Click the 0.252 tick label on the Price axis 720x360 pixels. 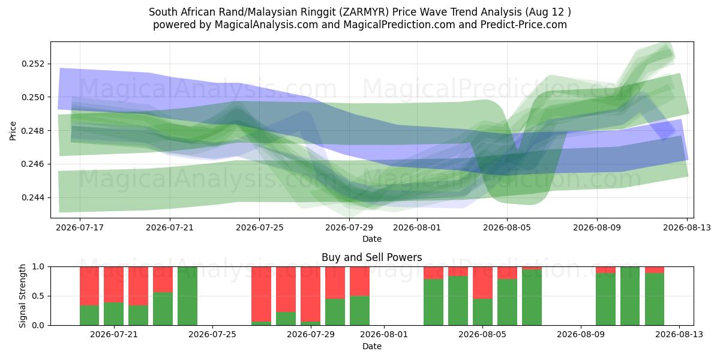pos(34,64)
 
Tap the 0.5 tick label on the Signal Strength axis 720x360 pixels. pos(39,296)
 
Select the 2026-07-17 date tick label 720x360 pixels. pos(80,227)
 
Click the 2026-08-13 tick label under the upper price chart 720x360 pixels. pos(687,227)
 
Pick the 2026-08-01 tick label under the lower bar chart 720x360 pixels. pos(384,334)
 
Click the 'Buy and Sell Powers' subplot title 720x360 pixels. pos(372,257)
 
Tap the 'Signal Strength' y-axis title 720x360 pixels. pos(22,296)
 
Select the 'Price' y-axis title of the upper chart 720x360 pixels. pos(13,131)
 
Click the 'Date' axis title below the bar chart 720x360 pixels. pos(372,346)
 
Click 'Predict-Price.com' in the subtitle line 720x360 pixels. pos(524,25)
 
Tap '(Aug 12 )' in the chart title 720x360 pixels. pos(548,12)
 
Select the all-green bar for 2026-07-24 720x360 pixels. pos(187,296)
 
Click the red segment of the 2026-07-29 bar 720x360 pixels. pos(335,283)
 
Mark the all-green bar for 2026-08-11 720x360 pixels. pos(630,296)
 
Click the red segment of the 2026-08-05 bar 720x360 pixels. pos(507,273)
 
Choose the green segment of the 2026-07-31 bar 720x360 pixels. pos(359,311)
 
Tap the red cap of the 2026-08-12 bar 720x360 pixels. pos(655,270)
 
